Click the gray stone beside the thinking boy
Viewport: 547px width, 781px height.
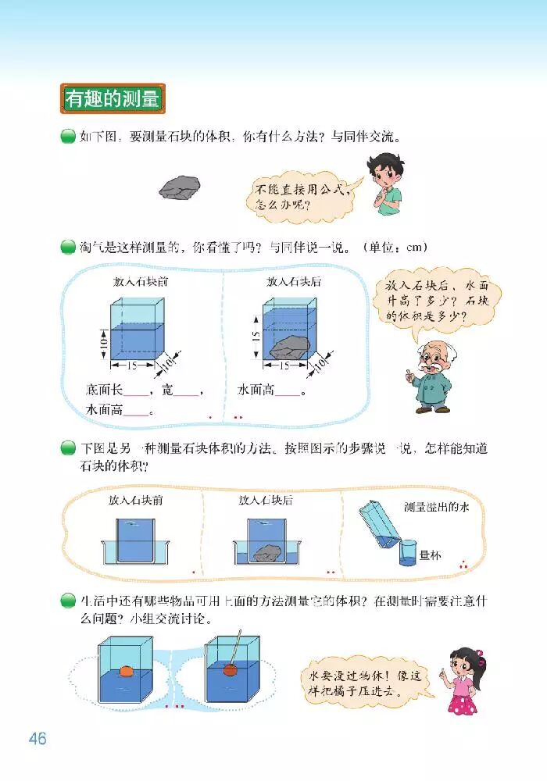[x=180, y=187]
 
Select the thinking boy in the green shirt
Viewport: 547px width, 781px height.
[x=385, y=184]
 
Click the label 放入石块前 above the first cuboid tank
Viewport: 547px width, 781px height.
[x=140, y=282]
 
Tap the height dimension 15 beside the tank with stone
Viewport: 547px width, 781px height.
[x=256, y=334]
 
